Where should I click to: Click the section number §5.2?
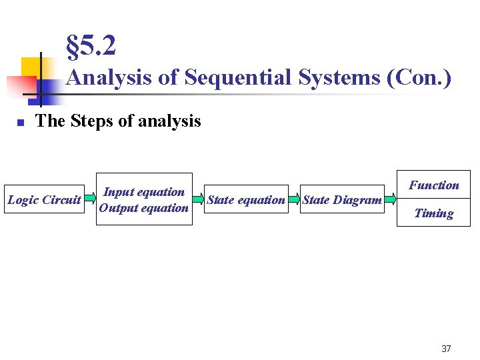(x=91, y=46)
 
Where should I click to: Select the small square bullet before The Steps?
(x=21, y=123)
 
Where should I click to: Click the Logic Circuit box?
(x=44, y=199)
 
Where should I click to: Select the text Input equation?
(x=143, y=192)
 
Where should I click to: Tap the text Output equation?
(x=143, y=208)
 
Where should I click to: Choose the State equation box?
(x=246, y=199)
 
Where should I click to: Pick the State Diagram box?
(x=342, y=199)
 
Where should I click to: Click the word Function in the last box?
(x=434, y=185)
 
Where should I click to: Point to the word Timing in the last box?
(x=434, y=213)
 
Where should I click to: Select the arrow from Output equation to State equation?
(x=198, y=199)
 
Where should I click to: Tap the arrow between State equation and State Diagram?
(x=294, y=199)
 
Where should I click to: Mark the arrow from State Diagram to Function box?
(x=391, y=199)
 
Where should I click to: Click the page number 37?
(x=446, y=349)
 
